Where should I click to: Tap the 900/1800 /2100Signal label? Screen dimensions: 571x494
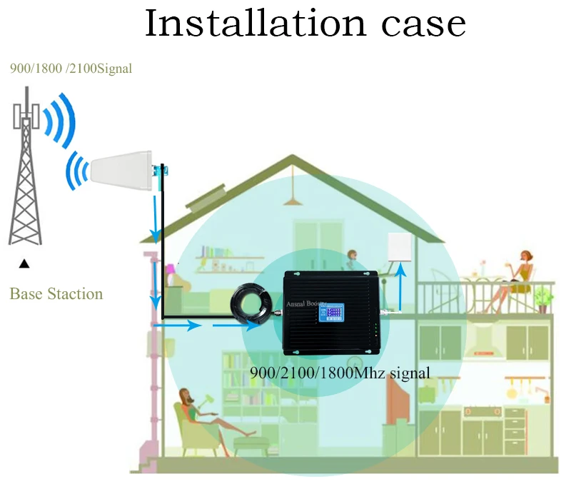[71, 69]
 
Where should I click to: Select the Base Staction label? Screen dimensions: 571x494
[56, 294]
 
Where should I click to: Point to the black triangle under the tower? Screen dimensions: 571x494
[24, 264]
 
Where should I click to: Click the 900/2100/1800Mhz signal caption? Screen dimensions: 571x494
[340, 373]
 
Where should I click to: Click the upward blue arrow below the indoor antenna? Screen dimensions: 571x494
[399, 286]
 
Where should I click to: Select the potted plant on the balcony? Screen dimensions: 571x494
[545, 298]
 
